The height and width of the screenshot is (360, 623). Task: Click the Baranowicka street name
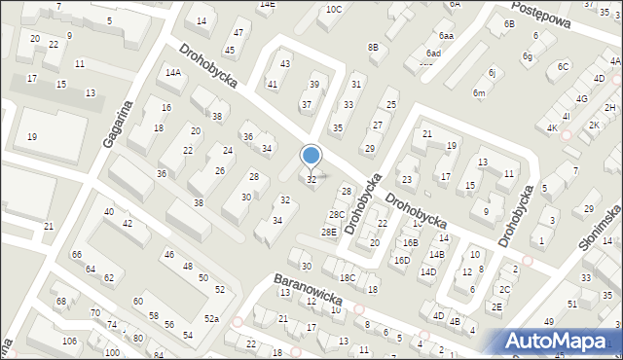click(x=307, y=290)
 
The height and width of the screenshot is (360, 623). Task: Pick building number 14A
click(x=173, y=72)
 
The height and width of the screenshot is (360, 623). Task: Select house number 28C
click(x=337, y=215)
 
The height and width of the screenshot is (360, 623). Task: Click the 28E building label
click(x=329, y=232)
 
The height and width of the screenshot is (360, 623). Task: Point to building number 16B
click(x=411, y=243)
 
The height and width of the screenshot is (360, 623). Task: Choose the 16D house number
click(x=401, y=261)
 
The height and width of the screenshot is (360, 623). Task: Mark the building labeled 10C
click(x=334, y=10)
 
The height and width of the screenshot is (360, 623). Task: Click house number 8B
click(x=373, y=47)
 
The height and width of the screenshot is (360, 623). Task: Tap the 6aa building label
click(x=446, y=35)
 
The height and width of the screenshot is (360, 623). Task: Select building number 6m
click(x=479, y=92)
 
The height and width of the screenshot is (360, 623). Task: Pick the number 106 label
click(x=69, y=341)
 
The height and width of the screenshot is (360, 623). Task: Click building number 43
click(x=285, y=63)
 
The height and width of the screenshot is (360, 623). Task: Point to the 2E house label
click(x=496, y=306)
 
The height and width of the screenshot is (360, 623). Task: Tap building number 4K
click(x=552, y=128)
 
